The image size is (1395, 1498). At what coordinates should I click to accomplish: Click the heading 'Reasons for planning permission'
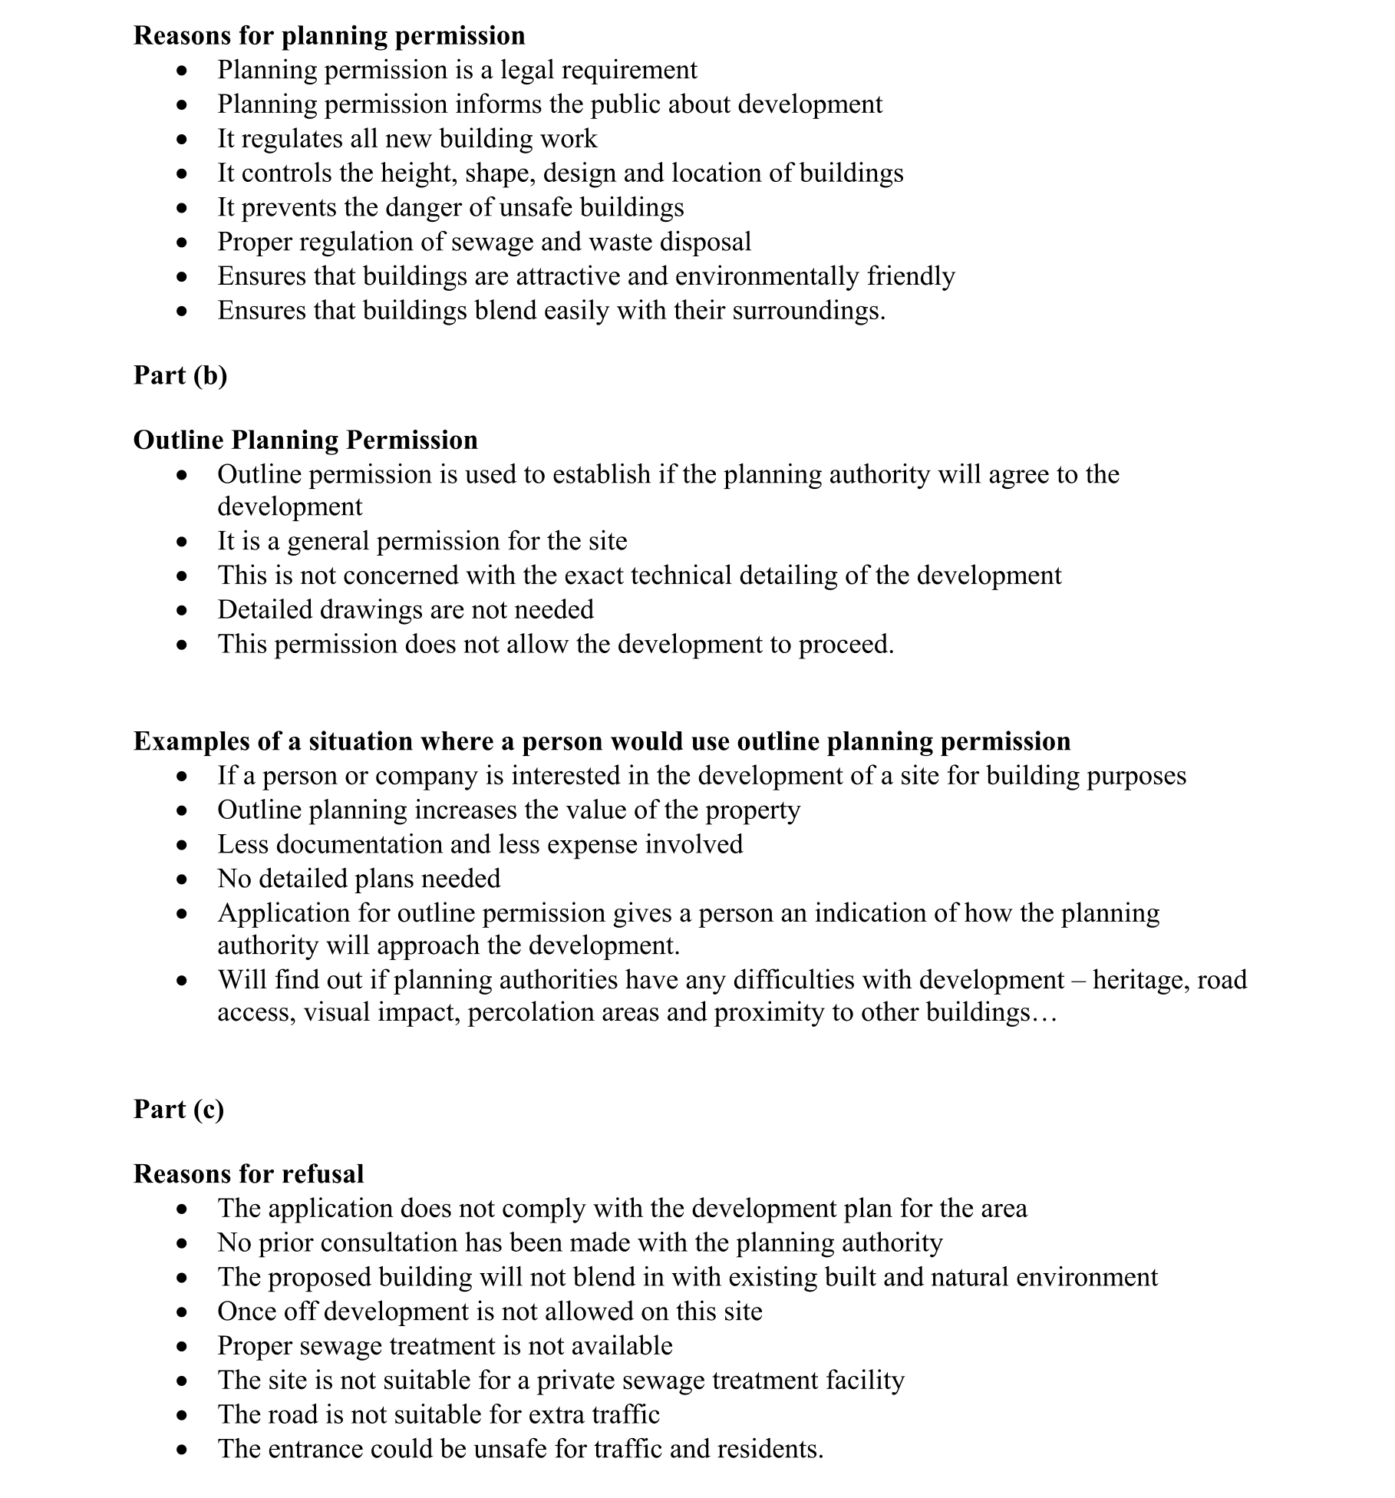329,35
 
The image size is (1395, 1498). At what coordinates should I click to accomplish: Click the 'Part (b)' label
180,374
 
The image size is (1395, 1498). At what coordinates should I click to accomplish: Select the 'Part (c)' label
179,1109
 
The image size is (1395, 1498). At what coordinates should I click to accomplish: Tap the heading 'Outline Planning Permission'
305,440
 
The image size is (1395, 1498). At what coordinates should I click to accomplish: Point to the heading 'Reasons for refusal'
249,1173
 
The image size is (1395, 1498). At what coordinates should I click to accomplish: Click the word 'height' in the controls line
419,173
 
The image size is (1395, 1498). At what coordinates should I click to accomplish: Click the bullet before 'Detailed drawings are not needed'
181,611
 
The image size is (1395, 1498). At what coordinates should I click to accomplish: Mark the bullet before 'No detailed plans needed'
181,879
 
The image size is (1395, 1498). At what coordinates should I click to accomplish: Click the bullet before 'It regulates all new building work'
181,140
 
